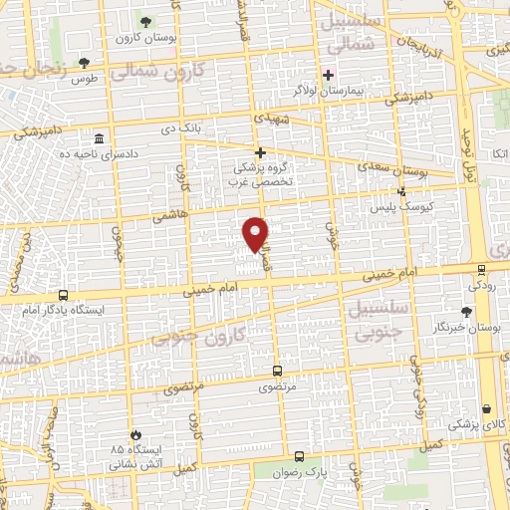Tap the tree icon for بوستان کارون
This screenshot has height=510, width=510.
[146, 21]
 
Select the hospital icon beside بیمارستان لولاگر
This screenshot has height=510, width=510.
[329, 75]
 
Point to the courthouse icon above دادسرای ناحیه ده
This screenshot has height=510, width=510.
[98, 138]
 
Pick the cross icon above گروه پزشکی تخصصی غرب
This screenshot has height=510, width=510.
[261, 152]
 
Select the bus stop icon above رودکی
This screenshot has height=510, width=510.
[482, 269]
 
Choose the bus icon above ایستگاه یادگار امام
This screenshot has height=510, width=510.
[64, 295]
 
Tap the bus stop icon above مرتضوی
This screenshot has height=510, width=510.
[277, 371]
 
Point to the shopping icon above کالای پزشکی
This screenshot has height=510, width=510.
[485, 409]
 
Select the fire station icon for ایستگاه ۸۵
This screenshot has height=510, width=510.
[135, 435]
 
